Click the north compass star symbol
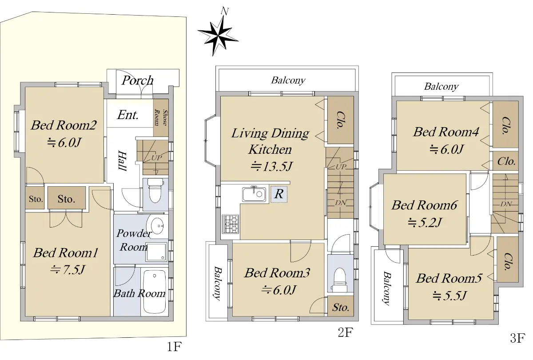tap(218, 36)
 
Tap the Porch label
tap(138, 80)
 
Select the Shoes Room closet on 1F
tap(161, 118)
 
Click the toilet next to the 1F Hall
tap(155, 191)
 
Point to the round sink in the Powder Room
tap(155, 225)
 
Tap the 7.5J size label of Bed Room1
tap(68, 270)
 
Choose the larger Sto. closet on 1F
tap(66, 198)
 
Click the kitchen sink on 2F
tap(254, 194)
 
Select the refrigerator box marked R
tap(279, 194)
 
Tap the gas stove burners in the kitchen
tap(231, 224)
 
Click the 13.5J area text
tap(271, 166)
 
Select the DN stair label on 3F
tap(506, 204)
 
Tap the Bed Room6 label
tap(424, 205)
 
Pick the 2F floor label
tap(345, 332)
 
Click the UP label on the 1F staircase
tap(156, 158)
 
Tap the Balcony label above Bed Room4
tap(441, 86)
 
